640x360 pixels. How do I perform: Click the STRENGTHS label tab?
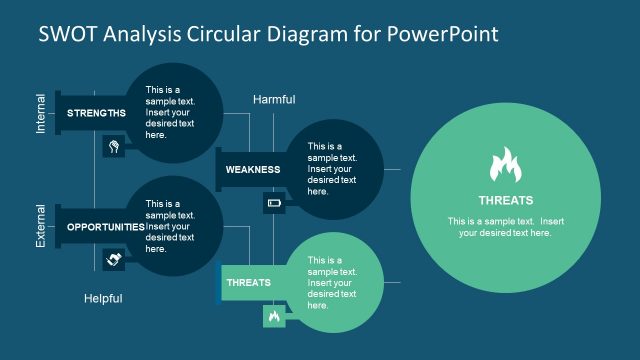[x=96, y=113]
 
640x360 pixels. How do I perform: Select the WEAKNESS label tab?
[x=252, y=169]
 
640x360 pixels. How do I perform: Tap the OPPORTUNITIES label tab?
[x=105, y=227]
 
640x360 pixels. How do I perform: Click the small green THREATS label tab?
[x=249, y=283]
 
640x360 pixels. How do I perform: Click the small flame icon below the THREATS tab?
[x=273, y=317]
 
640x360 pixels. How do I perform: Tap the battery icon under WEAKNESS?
[x=274, y=203]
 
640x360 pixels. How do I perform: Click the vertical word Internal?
[x=41, y=114]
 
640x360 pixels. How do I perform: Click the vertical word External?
[x=41, y=226]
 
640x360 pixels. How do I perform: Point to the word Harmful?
[x=274, y=99]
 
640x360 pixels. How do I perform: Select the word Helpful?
[x=103, y=298]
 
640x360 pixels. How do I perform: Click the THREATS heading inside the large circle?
[x=505, y=200]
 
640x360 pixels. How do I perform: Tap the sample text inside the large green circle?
[x=505, y=227]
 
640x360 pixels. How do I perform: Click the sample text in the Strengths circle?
[x=170, y=112]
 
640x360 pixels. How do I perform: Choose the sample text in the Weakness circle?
[x=332, y=168]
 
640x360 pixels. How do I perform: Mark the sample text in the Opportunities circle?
[x=170, y=226]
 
